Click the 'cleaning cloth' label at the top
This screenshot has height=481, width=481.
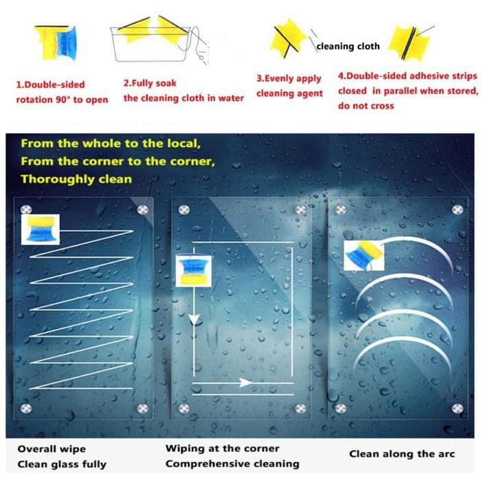[x=348, y=47]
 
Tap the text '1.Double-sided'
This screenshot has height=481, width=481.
[x=51, y=85]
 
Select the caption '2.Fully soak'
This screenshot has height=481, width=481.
[x=150, y=82]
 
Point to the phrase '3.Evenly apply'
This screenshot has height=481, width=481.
[x=289, y=79]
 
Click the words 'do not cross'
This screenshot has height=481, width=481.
[x=366, y=106]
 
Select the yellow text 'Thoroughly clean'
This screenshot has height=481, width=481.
[x=76, y=179]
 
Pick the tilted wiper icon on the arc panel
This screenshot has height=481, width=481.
[x=363, y=255]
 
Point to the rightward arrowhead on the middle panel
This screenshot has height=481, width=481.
[x=245, y=383]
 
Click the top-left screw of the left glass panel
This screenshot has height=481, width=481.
[x=26, y=209]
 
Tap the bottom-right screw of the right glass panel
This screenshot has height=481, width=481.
[x=455, y=407]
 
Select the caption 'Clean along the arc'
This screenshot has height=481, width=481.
[x=402, y=454]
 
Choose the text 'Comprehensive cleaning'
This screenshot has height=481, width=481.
[x=232, y=464]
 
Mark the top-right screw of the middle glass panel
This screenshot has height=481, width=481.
[x=301, y=210]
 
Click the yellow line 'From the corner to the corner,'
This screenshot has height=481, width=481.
[x=118, y=161]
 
